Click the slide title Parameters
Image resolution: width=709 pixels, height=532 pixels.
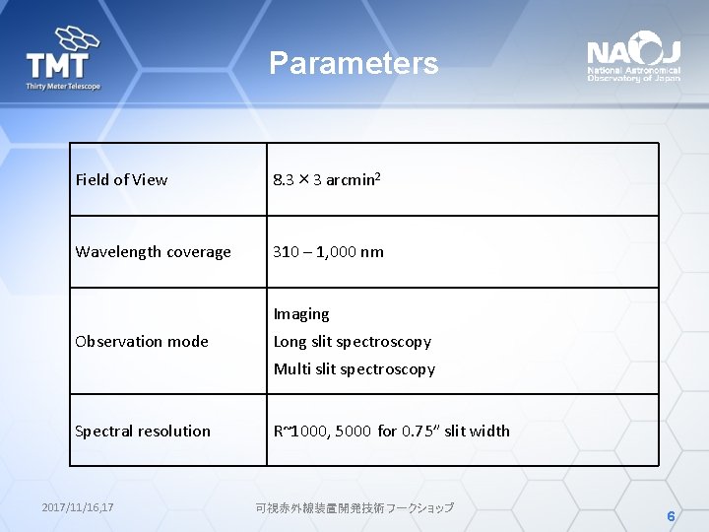[x=354, y=64]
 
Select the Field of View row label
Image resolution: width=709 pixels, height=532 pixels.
[x=122, y=180]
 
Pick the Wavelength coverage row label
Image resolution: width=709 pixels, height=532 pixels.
[x=154, y=252]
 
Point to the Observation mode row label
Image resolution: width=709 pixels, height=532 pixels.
[x=143, y=342]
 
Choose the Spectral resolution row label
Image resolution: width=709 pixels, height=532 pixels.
[x=144, y=432]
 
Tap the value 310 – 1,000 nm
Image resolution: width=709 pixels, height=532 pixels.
[x=329, y=252]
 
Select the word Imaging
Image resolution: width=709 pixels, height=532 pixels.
[x=301, y=314]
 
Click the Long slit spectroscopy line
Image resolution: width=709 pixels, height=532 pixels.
[x=353, y=342]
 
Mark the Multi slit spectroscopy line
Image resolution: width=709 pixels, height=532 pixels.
[x=354, y=369]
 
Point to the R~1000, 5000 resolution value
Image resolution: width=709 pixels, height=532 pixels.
[x=322, y=432]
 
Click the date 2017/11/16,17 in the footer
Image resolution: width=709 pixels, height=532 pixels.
[x=78, y=507]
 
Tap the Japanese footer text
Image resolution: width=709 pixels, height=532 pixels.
[x=354, y=507]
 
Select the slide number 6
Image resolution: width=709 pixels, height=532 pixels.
[x=671, y=516]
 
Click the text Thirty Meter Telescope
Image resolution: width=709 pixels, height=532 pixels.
[x=63, y=87]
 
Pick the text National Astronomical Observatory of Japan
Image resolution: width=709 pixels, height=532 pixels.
[x=633, y=75]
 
